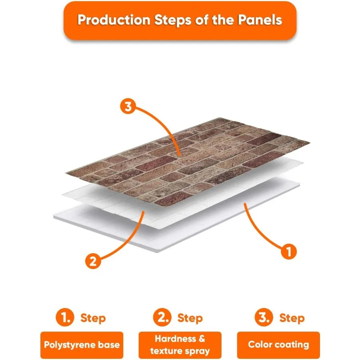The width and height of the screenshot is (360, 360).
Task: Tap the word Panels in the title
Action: tap(260, 20)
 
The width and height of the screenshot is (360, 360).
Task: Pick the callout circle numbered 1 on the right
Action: tap(289, 252)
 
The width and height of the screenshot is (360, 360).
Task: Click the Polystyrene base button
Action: tap(82, 345)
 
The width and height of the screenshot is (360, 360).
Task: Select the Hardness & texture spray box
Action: tap(180, 345)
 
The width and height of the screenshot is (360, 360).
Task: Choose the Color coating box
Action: tap(278, 345)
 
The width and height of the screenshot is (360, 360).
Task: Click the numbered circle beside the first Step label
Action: tap(65, 318)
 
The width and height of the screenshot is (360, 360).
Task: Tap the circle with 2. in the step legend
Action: tap(162, 318)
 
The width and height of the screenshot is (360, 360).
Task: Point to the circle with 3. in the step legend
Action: tap(264, 318)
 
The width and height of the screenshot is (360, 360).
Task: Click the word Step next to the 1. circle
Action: tap(93, 319)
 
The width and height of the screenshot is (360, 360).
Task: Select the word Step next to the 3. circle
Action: tap(292, 319)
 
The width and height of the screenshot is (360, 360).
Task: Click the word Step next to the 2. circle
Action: tap(190, 319)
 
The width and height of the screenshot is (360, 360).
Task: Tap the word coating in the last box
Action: tap(291, 345)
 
